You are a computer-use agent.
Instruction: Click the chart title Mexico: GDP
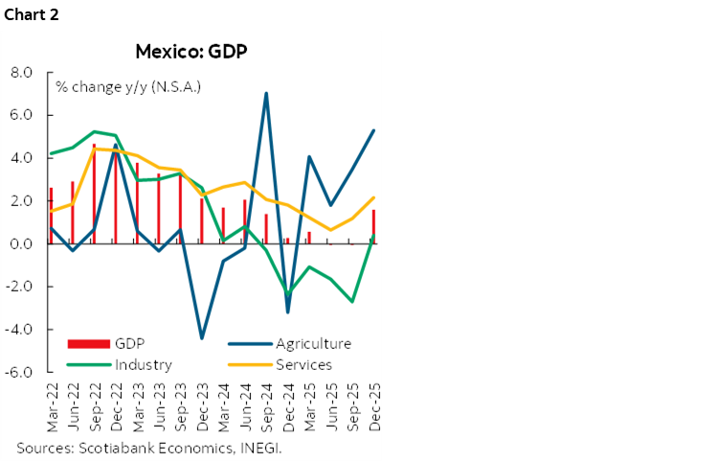click(x=192, y=51)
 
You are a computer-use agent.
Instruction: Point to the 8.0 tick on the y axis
click(x=21, y=72)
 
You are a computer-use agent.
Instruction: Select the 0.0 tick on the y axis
click(x=21, y=243)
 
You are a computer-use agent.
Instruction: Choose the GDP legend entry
click(x=128, y=343)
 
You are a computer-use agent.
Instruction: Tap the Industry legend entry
click(x=143, y=364)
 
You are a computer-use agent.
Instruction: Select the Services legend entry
click(x=304, y=364)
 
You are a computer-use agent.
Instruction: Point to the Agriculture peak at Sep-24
click(x=266, y=93)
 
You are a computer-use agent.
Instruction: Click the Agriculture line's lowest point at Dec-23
click(x=202, y=338)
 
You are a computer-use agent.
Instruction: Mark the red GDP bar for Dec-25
click(x=372, y=226)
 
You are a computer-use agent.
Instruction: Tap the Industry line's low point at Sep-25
click(x=351, y=301)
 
